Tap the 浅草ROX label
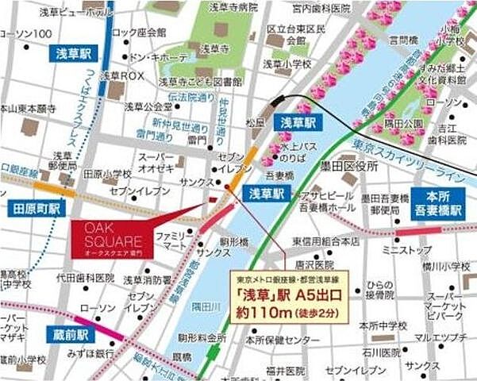click(x=121, y=76)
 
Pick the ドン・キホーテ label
click(x=160, y=58)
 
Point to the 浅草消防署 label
click(x=147, y=279)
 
